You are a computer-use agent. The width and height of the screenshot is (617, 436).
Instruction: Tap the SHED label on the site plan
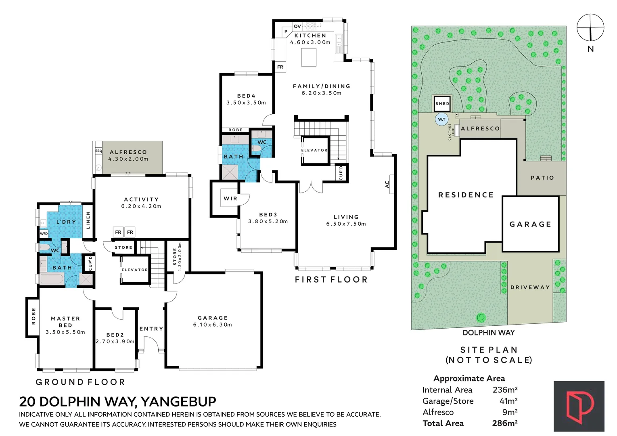pyautogui.click(x=442, y=104)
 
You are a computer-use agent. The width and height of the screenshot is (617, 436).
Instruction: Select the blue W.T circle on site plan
pyautogui.click(x=442, y=119)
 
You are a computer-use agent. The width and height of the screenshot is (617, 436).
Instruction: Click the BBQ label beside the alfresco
pyautogui.click(x=98, y=151)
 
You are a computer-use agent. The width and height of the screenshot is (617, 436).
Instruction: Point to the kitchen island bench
pyautogui.click(x=309, y=57)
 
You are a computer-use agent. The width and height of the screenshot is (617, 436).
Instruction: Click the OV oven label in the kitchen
pyautogui.click(x=297, y=26)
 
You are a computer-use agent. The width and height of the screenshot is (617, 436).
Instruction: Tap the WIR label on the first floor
pyautogui.click(x=230, y=199)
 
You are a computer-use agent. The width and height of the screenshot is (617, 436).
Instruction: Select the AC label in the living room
pyautogui.click(x=387, y=184)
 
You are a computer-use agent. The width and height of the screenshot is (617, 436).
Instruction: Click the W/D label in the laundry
pyautogui.click(x=44, y=233)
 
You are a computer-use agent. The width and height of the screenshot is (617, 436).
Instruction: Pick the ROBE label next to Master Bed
pyautogui.click(x=33, y=316)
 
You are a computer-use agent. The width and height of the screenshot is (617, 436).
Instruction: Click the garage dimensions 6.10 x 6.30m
pyautogui.click(x=213, y=325)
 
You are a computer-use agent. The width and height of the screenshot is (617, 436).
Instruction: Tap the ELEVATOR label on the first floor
pyautogui.click(x=314, y=150)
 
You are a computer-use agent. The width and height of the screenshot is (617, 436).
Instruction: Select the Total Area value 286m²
pyautogui.click(x=504, y=423)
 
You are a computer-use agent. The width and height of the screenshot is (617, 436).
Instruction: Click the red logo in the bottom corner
pyautogui.click(x=579, y=406)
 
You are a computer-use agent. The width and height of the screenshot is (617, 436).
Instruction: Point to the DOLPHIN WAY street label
pyautogui.click(x=488, y=333)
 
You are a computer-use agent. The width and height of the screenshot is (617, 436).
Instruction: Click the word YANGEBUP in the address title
pyautogui.click(x=178, y=402)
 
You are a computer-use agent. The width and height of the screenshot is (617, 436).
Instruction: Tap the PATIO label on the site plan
pyautogui.click(x=542, y=178)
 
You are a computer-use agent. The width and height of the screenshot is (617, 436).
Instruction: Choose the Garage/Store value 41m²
pyautogui.click(x=508, y=401)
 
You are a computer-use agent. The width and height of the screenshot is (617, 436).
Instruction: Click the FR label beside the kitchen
pyautogui.click(x=280, y=67)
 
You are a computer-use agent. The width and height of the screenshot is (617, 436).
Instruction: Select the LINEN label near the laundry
pyautogui.click(x=88, y=220)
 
